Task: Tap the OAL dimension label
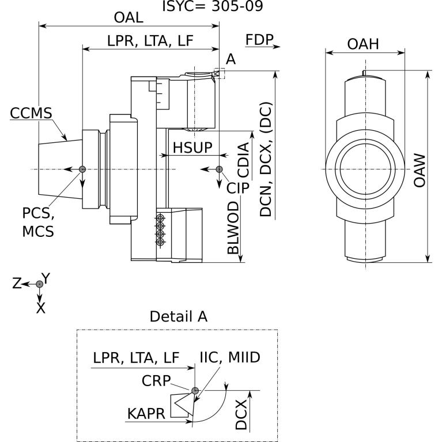(x=129, y=18)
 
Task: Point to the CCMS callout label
(x=31, y=113)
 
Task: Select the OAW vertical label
(x=420, y=170)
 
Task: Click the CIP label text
(x=237, y=188)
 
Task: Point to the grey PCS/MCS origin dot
(x=82, y=169)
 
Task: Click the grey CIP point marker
(x=219, y=169)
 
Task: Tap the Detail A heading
(x=178, y=316)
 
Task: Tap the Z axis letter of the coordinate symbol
(x=18, y=283)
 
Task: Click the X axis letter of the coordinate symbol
(x=40, y=308)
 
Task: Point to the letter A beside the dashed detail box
(x=231, y=59)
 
